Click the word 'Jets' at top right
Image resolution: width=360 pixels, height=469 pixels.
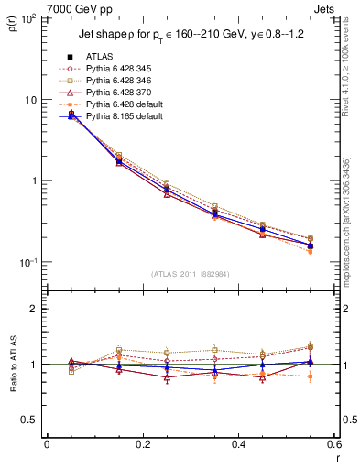[322, 9]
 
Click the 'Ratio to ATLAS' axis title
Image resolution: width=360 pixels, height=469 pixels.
[12, 365]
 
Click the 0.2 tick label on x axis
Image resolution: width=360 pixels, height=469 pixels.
[142, 444]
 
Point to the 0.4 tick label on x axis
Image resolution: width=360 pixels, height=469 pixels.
[238, 444]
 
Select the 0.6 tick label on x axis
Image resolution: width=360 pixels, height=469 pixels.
[333, 444]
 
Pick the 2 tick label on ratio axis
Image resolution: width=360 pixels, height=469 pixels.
[34, 309]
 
